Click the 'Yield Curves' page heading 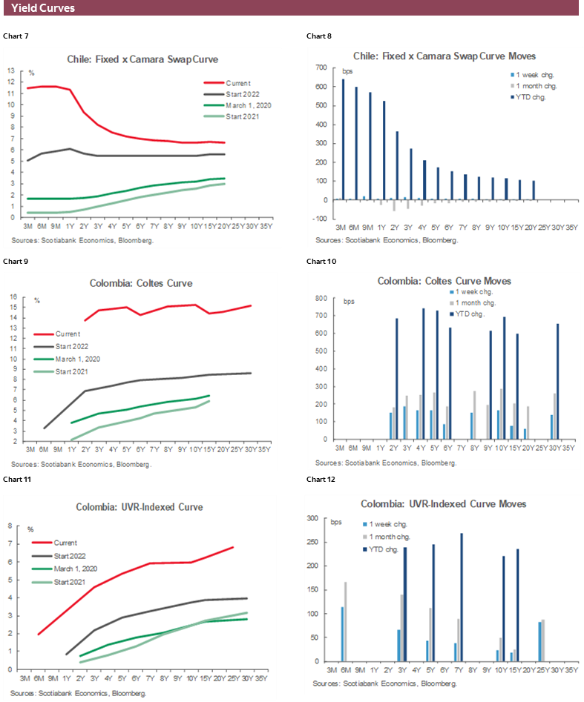click(43, 8)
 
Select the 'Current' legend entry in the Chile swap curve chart click(238, 83)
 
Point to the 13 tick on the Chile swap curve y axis click(11, 70)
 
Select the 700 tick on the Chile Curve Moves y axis click(321, 67)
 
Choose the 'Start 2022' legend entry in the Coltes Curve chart click(71, 346)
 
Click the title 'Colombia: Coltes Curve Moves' click(444, 281)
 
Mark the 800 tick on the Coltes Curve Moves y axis click(321, 298)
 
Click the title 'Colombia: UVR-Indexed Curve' click(139, 507)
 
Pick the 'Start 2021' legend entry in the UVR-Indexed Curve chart click(71, 582)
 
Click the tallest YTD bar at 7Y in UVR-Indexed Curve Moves click(462, 597)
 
